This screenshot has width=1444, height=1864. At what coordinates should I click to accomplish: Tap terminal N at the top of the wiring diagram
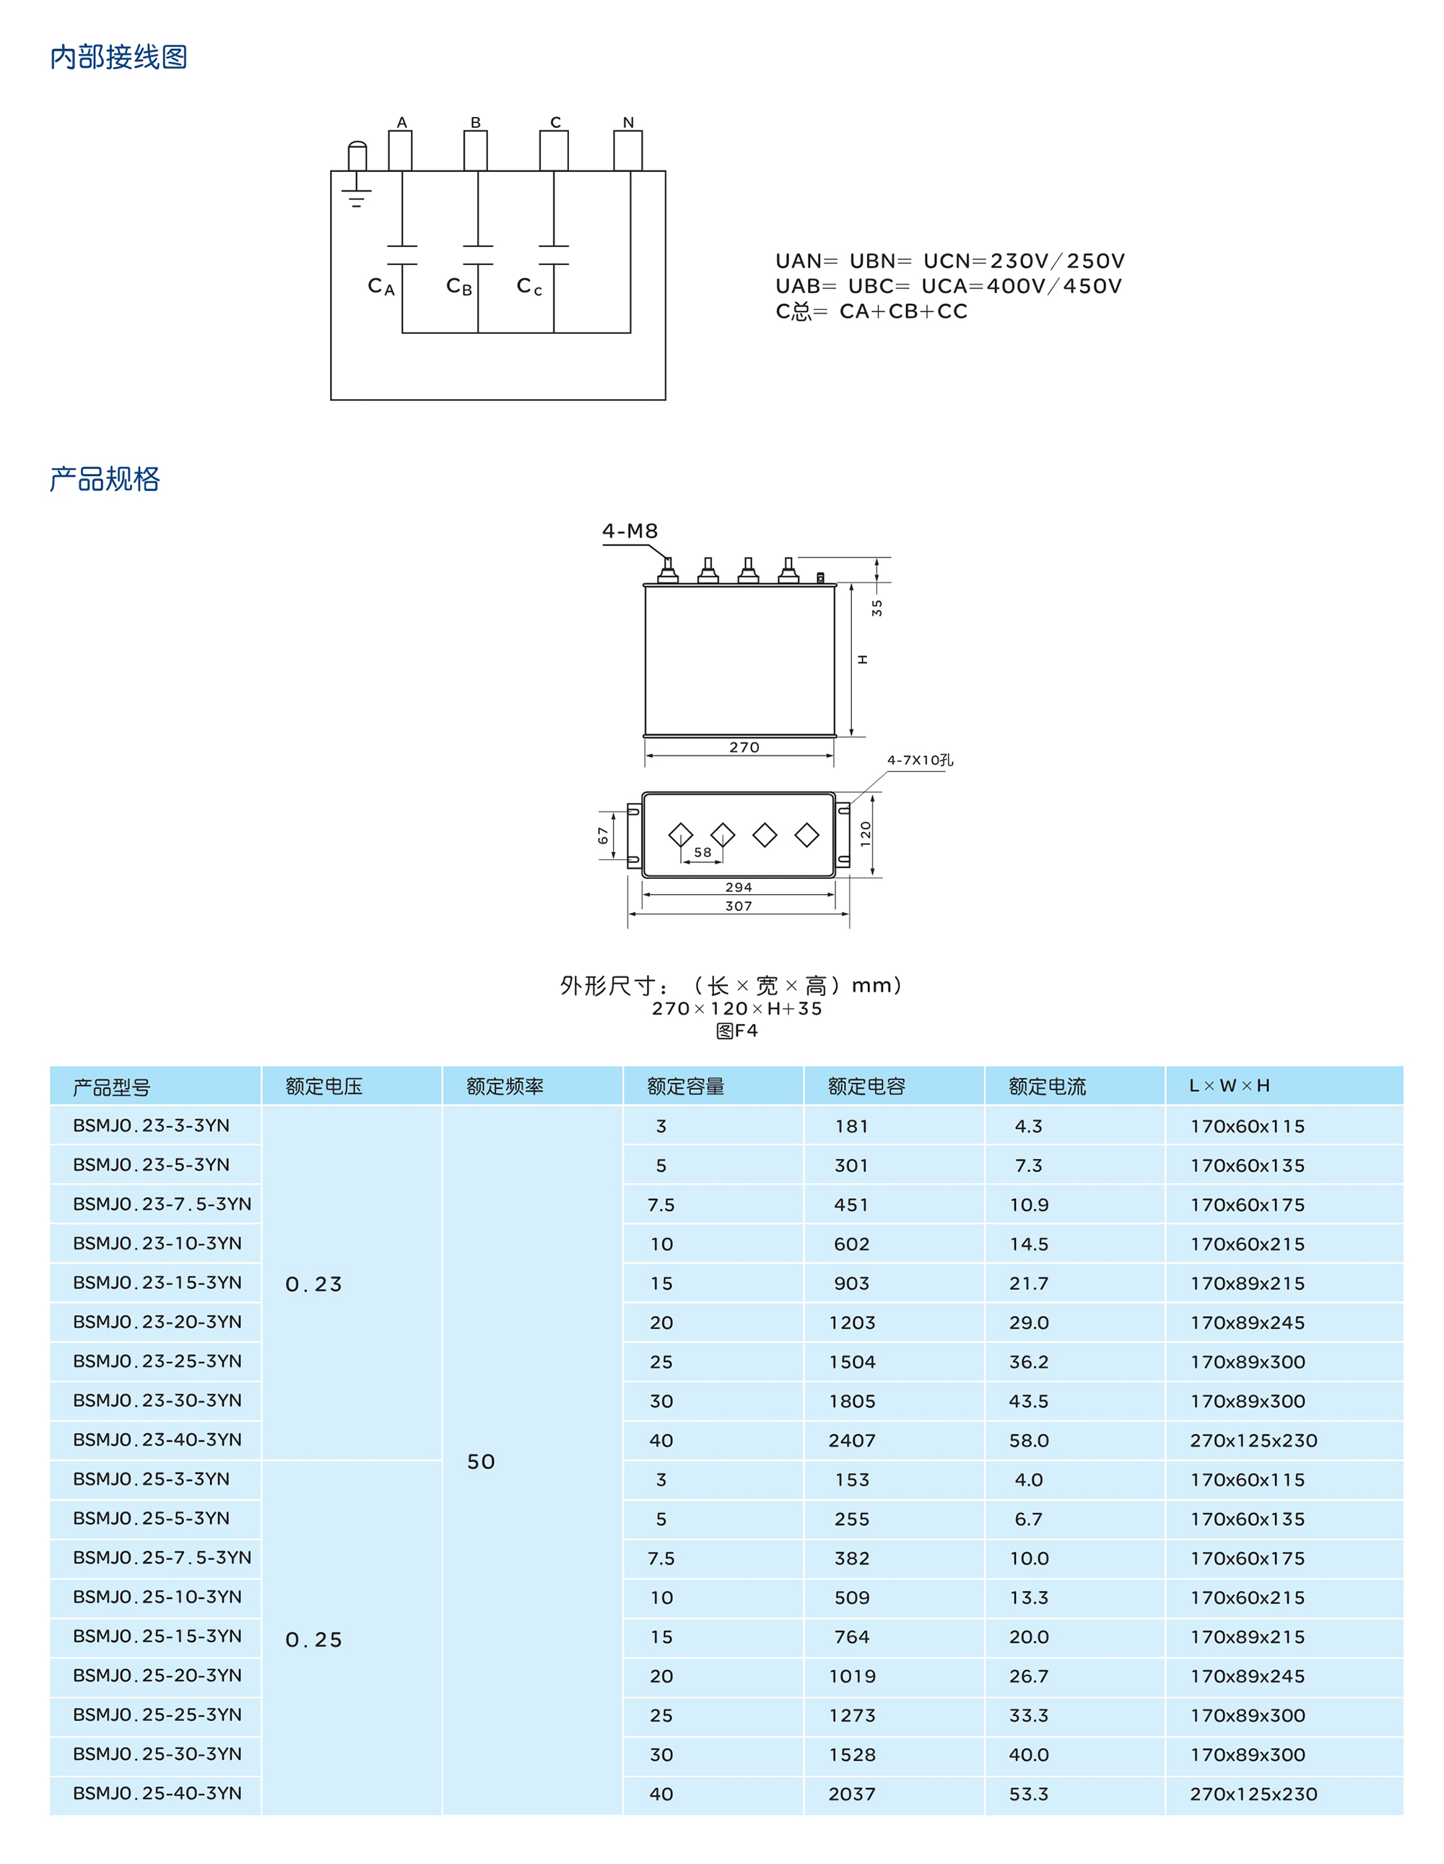(x=628, y=149)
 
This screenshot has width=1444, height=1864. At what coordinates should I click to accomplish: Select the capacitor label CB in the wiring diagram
(x=459, y=287)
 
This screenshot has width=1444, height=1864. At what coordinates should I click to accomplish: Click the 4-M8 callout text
(x=630, y=531)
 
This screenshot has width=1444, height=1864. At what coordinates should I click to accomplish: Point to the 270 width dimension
(x=744, y=747)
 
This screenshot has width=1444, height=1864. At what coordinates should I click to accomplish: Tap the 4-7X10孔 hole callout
(x=920, y=760)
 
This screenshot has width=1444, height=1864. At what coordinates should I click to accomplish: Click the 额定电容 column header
(x=866, y=1086)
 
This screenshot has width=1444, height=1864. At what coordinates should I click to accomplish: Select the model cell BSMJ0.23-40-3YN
(x=157, y=1440)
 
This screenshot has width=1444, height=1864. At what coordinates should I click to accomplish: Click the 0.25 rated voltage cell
(x=314, y=1639)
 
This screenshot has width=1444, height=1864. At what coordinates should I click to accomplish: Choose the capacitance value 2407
(x=852, y=1441)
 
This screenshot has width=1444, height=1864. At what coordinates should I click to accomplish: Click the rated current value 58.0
(x=1028, y=1441)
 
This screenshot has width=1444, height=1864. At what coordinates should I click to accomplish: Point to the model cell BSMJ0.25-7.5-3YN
(x=162, y=1558)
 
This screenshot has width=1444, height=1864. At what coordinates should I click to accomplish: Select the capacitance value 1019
(x=852, y=1676)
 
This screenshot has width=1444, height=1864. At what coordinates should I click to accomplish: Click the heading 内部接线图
(x=118, y=57)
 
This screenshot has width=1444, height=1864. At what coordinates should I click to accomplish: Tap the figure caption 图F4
(x=736, y=1031)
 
